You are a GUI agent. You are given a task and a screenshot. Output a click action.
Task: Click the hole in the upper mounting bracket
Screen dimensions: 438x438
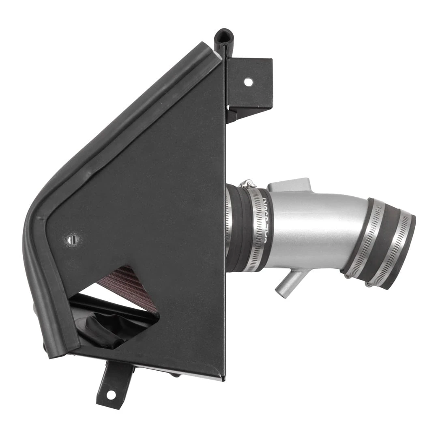click(x=248, y=82)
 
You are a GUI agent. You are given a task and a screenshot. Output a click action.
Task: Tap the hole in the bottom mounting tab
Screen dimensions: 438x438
click(x=111, y=394)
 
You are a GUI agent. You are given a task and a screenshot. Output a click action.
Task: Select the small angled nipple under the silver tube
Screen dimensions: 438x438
click(x=289, y=284)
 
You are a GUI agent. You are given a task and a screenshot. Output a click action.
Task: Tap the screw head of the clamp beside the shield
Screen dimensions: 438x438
click(x=247, y=185)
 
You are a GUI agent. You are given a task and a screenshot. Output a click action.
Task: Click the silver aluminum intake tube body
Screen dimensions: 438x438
click(x=312, y=231)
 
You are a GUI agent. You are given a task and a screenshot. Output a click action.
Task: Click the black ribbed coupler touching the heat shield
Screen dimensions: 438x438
click(x=237, y=227)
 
